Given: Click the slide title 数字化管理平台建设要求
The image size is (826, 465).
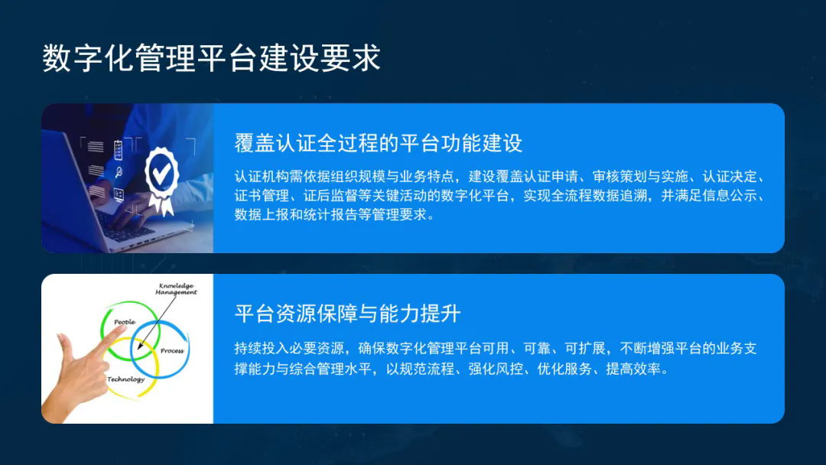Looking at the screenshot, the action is [211, 57].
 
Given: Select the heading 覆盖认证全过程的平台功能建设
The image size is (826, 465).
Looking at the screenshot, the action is [379, 143].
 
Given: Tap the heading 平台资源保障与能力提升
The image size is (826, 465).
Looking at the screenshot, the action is [348, 314].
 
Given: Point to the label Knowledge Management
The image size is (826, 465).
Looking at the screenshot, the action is [177, 288].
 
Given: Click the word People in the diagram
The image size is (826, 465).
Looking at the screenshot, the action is [125, 322].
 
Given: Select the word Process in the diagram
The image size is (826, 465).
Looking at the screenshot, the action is [172, 350].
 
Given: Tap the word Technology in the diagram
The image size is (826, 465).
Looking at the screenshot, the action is [126, 379].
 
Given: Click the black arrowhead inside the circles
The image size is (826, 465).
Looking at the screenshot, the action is [140, 345].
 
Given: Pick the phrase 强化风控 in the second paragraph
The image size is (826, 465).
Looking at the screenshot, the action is [496, 369].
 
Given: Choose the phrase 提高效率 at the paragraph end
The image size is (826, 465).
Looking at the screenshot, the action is [633, 369].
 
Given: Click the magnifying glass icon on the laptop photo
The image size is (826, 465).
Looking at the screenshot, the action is [119, 171].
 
